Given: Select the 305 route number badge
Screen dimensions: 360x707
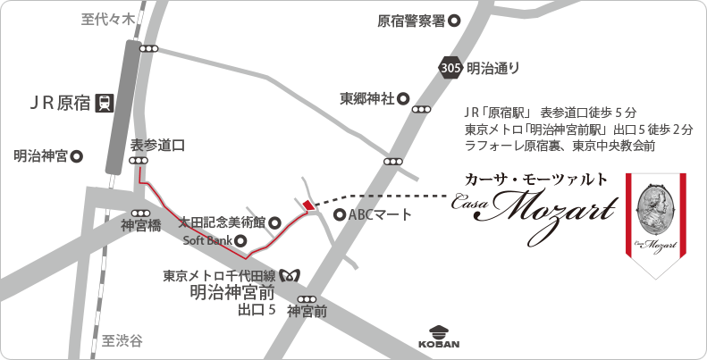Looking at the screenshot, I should tap(451, 67).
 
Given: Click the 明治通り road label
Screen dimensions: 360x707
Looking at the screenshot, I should tap(492, 67).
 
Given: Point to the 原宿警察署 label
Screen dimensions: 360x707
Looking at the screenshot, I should tap(411, 21).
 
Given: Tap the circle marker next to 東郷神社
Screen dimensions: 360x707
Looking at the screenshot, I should tap(403, 98).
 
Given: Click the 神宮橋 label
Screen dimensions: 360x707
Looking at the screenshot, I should tap(140, 227).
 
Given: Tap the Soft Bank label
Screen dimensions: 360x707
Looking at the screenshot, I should tap(207, 240).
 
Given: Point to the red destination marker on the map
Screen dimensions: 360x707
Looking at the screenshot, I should tap(309, 205).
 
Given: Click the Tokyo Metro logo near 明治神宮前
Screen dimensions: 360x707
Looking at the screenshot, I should tap(290, 274).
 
